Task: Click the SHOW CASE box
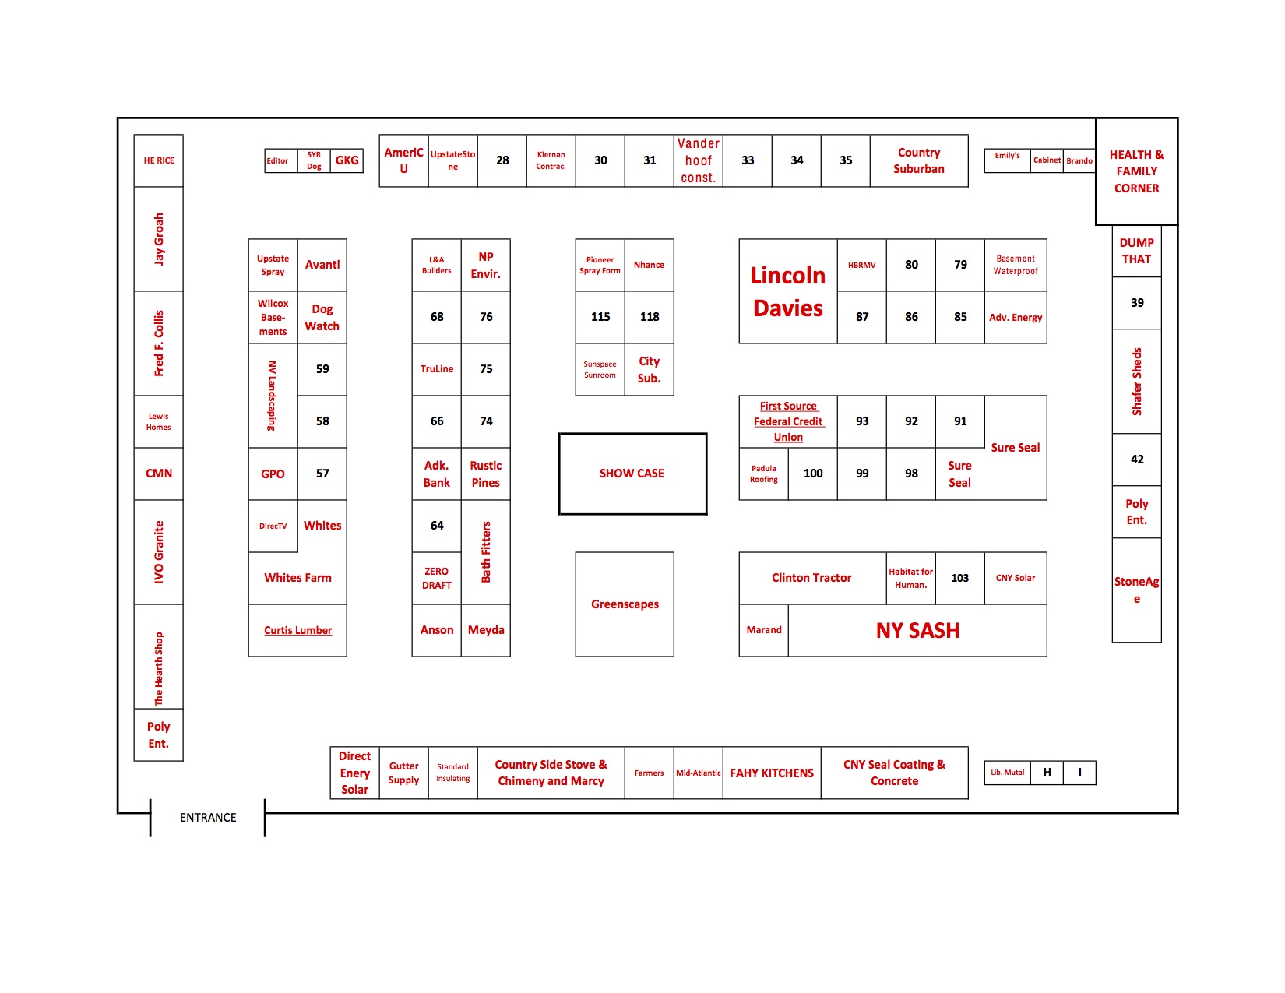click(x=632, y=474)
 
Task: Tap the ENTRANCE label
click(x=208, y=818)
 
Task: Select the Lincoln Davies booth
click(x=788, y=291)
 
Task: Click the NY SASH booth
click(x=917, y=630)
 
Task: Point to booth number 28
click(x=502, y=160)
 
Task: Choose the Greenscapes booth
click(x=625, y=604)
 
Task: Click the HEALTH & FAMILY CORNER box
click(x=1137, y=171)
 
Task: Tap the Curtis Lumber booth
click(x=297, y=630)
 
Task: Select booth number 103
click(x=960, y=578)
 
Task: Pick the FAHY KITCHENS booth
click(x=772, y=773)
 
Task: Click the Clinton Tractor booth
click(x=812, y=578)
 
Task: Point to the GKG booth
click(x=347, y=160)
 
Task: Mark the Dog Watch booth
click(x=322, y=318)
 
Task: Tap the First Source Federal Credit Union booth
click(x=788, y=421)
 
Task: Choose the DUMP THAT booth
click(x=1137, y=251)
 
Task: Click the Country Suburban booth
click(x=919, y=160)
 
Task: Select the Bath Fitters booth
click(x=486, y=552)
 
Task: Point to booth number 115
click(x=600, y=318)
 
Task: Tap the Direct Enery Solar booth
click(x=354, y=773)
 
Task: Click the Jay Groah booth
click(x=159, y=239)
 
